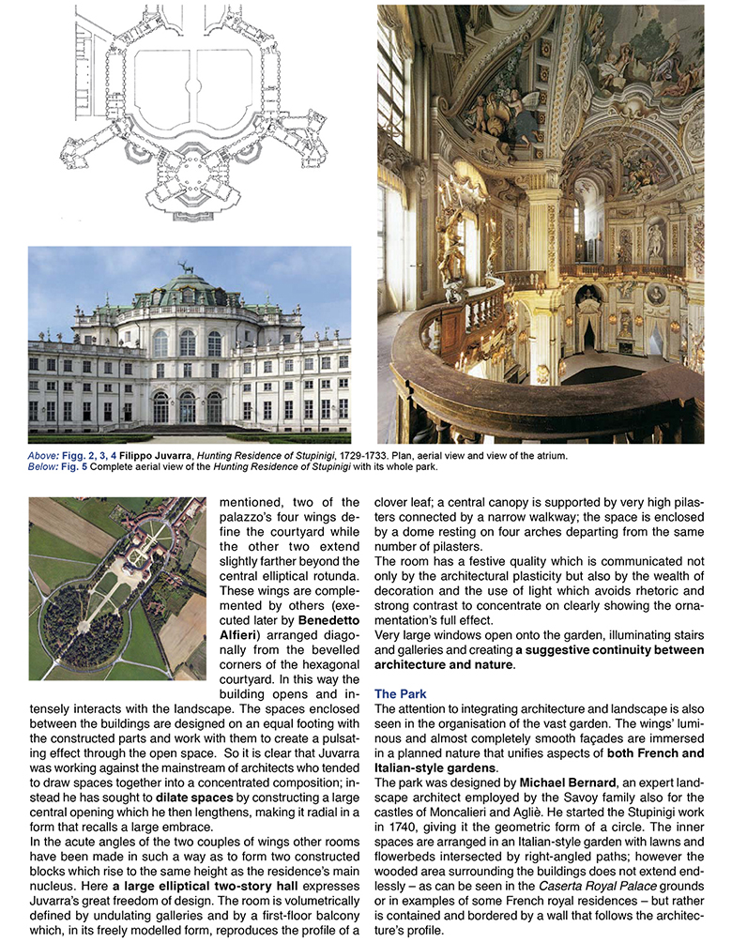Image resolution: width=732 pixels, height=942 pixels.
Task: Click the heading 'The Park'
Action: [400, 693]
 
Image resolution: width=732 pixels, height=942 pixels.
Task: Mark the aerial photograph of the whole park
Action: [116, 587]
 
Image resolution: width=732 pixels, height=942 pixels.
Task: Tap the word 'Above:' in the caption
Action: [43, 455]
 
